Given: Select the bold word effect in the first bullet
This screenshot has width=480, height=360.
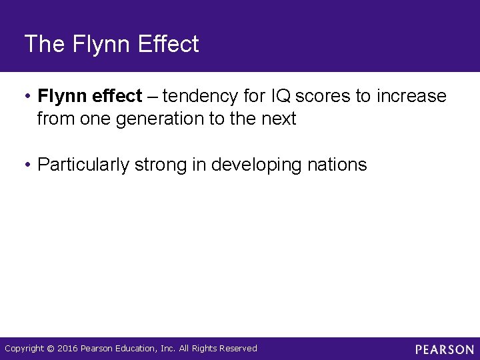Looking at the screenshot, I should pyautogui.click(x=118, y=97).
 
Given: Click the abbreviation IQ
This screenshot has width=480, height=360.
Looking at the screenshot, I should pyautogui.click(x=280, y=97).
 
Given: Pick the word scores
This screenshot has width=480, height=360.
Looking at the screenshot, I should pyautogui.click(x=323, y=97).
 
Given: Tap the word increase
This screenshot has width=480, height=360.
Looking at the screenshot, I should pyautogui.click(x=411, y=97).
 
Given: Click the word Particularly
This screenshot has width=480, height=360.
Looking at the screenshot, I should pyautogui.click(x=83, y=165).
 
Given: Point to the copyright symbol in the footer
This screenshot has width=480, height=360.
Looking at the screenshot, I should pyautogui.click(x=51, y=349).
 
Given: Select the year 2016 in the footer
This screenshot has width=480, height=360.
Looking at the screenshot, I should pyautogui.click(x=67, y=349).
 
